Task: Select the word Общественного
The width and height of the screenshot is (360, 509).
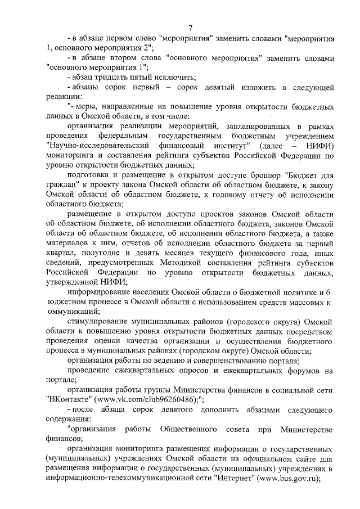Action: click(x=189, y=430)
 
